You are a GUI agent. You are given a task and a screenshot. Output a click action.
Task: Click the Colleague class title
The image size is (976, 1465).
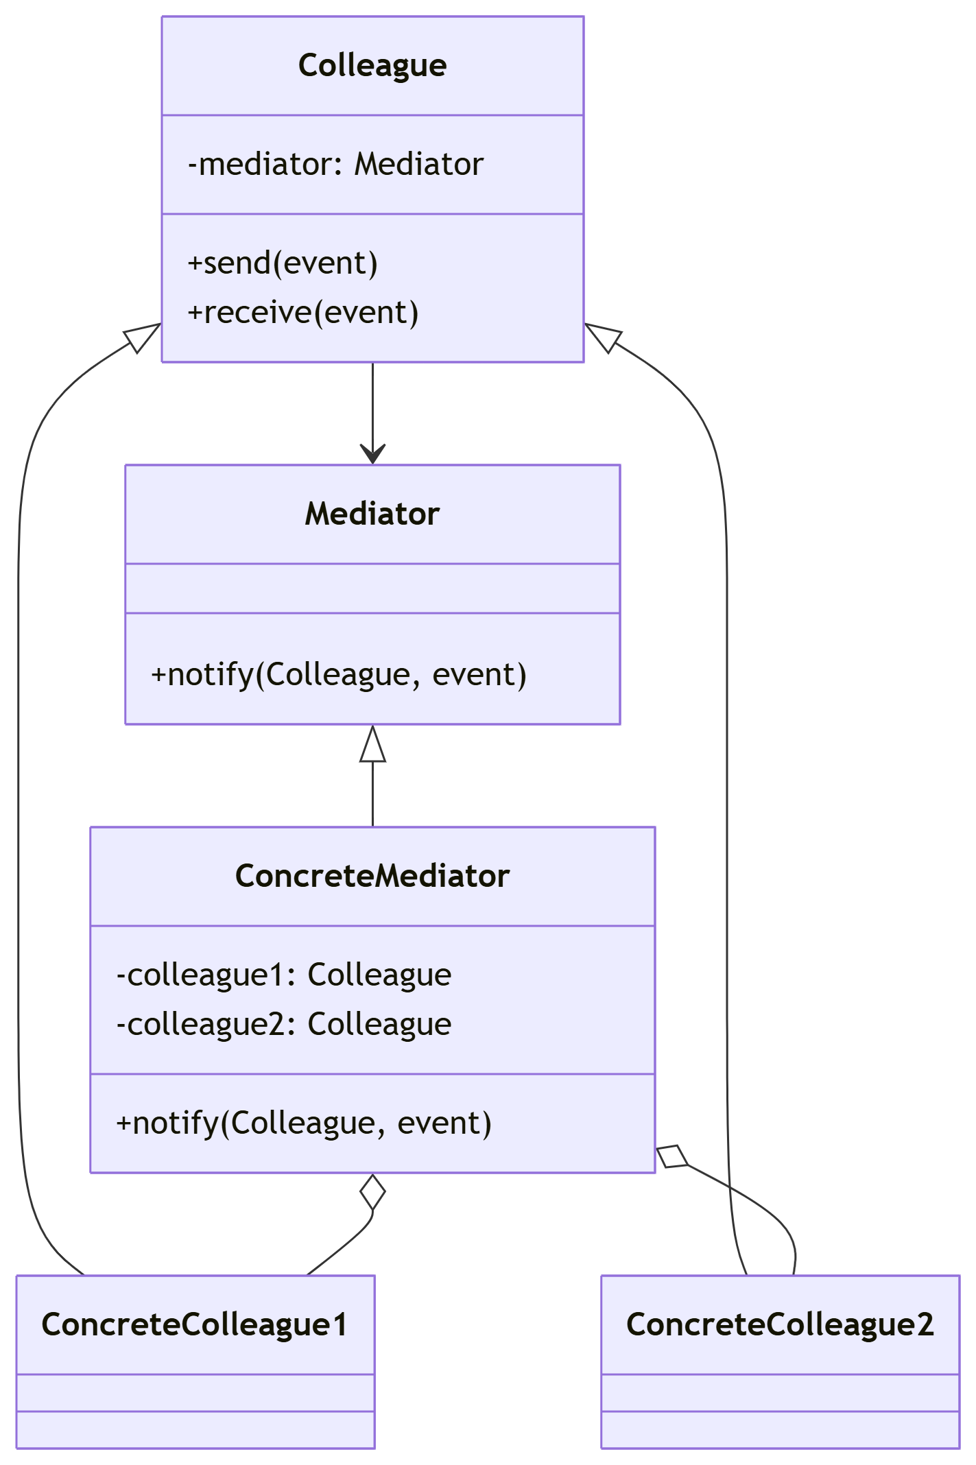click(x=372, y=66)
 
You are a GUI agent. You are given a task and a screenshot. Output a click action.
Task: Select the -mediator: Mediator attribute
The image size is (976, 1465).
click(x=335, y=165)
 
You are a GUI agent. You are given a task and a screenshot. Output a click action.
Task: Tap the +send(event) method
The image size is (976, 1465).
click(x=283, y=263)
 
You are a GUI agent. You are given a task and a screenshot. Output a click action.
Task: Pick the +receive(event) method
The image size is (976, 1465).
click(x=302, y=313)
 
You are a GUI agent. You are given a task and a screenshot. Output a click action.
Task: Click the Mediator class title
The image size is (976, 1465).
click(x=372, y=514)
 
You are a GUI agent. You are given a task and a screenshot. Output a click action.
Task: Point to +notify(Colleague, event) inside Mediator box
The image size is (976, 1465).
click(x=339, y=675)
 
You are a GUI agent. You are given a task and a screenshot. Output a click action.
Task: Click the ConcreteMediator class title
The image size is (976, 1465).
click(x=372, y=877)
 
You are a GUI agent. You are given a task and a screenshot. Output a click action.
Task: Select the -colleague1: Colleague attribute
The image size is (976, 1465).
click(x=284, y=975)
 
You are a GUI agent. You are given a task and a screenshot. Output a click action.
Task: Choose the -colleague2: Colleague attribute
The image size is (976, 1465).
click(x=284, y=1025)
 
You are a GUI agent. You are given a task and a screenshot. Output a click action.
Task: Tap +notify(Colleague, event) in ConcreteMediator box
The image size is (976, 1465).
click(x=304, y=1123)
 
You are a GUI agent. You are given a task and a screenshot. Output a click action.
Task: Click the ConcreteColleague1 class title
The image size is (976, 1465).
click(x=195, y=1325)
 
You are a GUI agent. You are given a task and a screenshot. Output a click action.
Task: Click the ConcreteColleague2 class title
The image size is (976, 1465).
click(x=780, y=1325)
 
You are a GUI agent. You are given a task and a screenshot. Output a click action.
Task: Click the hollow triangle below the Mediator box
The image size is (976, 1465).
click(x=372, y=746)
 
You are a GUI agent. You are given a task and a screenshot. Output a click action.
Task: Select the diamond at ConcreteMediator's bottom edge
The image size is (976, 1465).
click(x=372, y=1192)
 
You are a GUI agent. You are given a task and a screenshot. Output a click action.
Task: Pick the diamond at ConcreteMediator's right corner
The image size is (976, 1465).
click(x=673, y=1156)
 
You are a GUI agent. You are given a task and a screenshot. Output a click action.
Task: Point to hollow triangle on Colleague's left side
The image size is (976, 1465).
click(x=141, y=337)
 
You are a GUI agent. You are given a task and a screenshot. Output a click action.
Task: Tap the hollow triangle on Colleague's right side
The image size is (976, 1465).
click(x=604, y=337)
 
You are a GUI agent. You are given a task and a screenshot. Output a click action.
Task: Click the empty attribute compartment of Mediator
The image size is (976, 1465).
click(x=372, y=588)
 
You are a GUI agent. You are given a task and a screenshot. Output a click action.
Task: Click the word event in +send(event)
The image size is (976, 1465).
click(x=325, y=263)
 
